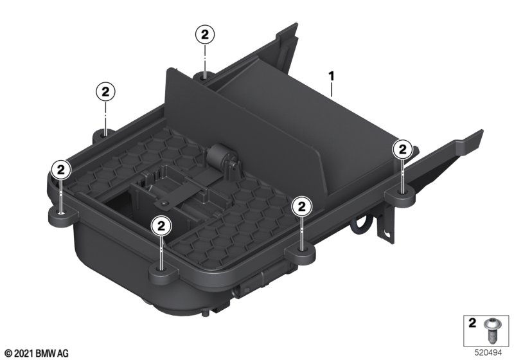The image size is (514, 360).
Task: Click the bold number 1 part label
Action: click(332, 76)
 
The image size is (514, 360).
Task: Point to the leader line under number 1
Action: click(332, 90)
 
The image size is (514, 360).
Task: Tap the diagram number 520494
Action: click(488, 353)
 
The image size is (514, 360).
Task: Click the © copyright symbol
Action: click(9, 354)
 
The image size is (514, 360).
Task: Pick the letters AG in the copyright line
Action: click(63, 354)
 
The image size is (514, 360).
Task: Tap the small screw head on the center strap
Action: click(164, 204)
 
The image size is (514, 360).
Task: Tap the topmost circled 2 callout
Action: click(205, 35)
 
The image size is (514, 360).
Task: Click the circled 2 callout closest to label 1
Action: click(402, 150)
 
